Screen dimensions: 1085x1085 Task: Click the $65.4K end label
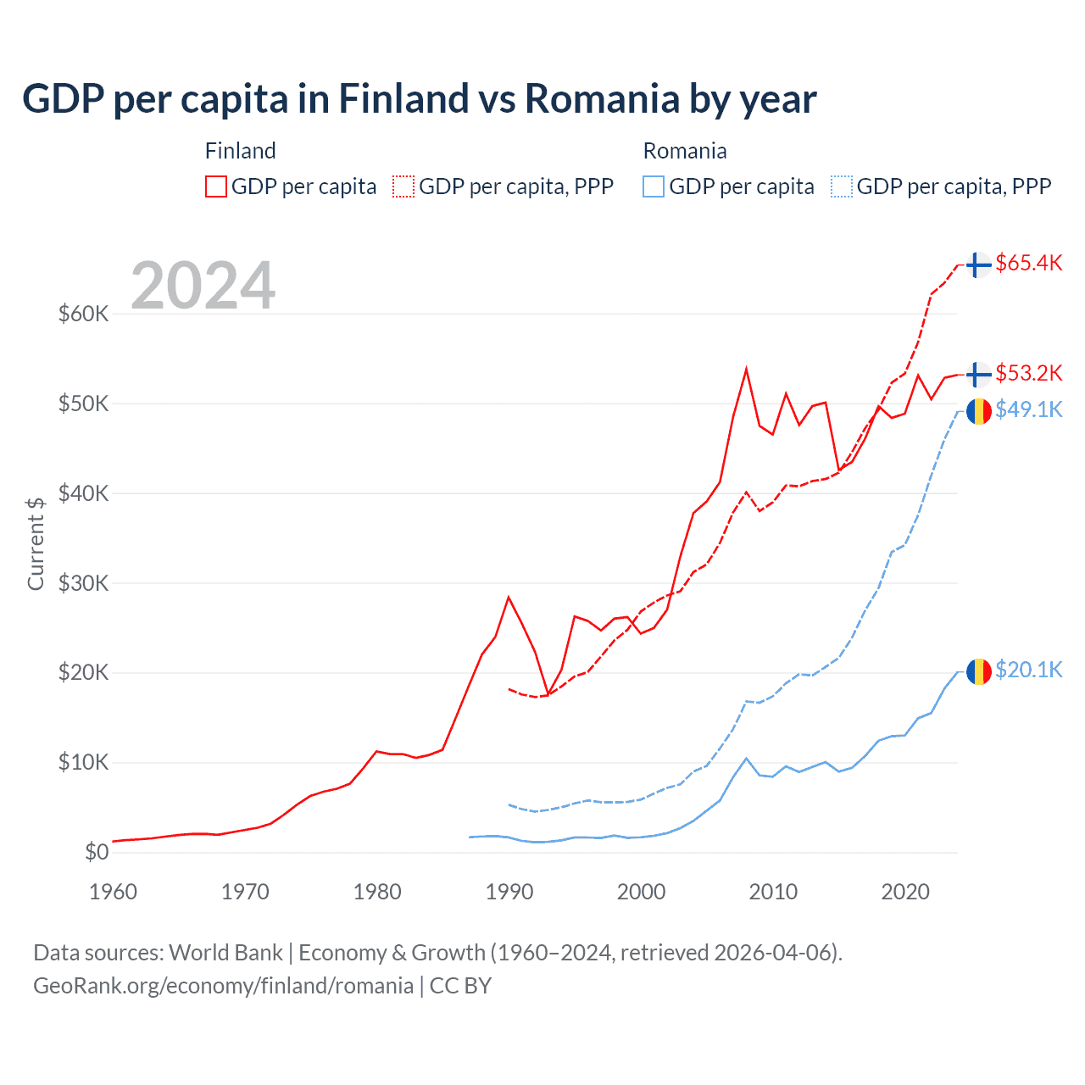pyautogui.click(x=1028, y=264)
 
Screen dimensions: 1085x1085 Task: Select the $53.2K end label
pyautogui.click(x=1028, y=374)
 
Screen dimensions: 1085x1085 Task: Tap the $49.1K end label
pyautogui.click(x=1028, y=410)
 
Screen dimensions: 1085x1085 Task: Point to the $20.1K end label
pyautogui.click(x=1028, y=670)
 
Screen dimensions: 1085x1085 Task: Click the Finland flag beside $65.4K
pyautogui.click(x=979, y=264)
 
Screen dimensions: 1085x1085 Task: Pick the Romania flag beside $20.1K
pyautogui.click(x=979, y=671)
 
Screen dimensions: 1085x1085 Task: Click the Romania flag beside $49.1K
pyautogui.click(x=979, y=411)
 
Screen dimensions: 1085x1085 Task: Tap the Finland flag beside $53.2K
pyautogui.click(x=979, y=374)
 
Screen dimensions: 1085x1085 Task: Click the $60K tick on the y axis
pyautogui.click(x=84, y=314)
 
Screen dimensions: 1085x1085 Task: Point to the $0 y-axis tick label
pyautogui.click(x=97, y=853)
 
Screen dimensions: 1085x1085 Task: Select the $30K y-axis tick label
pyautogui.click(x=84, y=583)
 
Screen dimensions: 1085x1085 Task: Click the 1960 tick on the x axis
pyautogui.click(x=113, y=892)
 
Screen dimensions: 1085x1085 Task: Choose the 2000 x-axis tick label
pyautogui.click(x=642, y=892)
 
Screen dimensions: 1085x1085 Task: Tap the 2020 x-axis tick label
pyautogui.click(x=905, y=892)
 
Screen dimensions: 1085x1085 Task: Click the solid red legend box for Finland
pyautogui.click(x=216, y=186)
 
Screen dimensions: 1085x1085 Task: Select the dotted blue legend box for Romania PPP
pyautogui.click(x=842, y=186)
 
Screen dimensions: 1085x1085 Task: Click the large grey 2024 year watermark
pyautogui.click(x=203, y=286)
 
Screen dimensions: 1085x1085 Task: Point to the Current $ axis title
pyautogui.click(x=36, y=543)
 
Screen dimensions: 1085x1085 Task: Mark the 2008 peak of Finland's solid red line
pyautogui.click(x=746, y=370)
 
